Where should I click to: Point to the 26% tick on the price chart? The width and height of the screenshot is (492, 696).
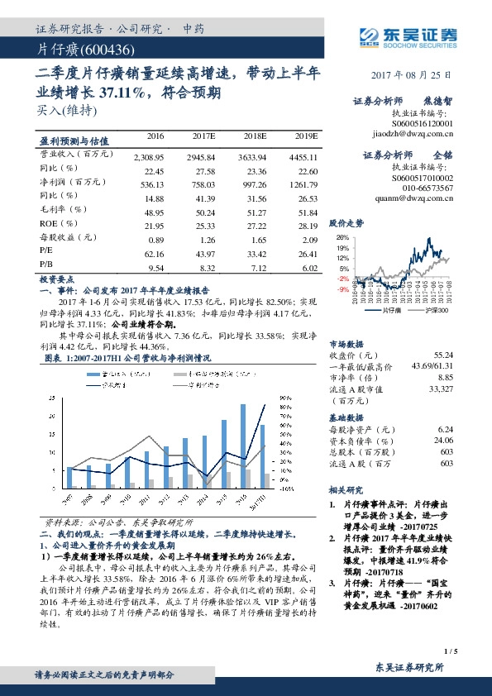point(341,236)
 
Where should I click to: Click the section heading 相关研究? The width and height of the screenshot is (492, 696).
point(346,489)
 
